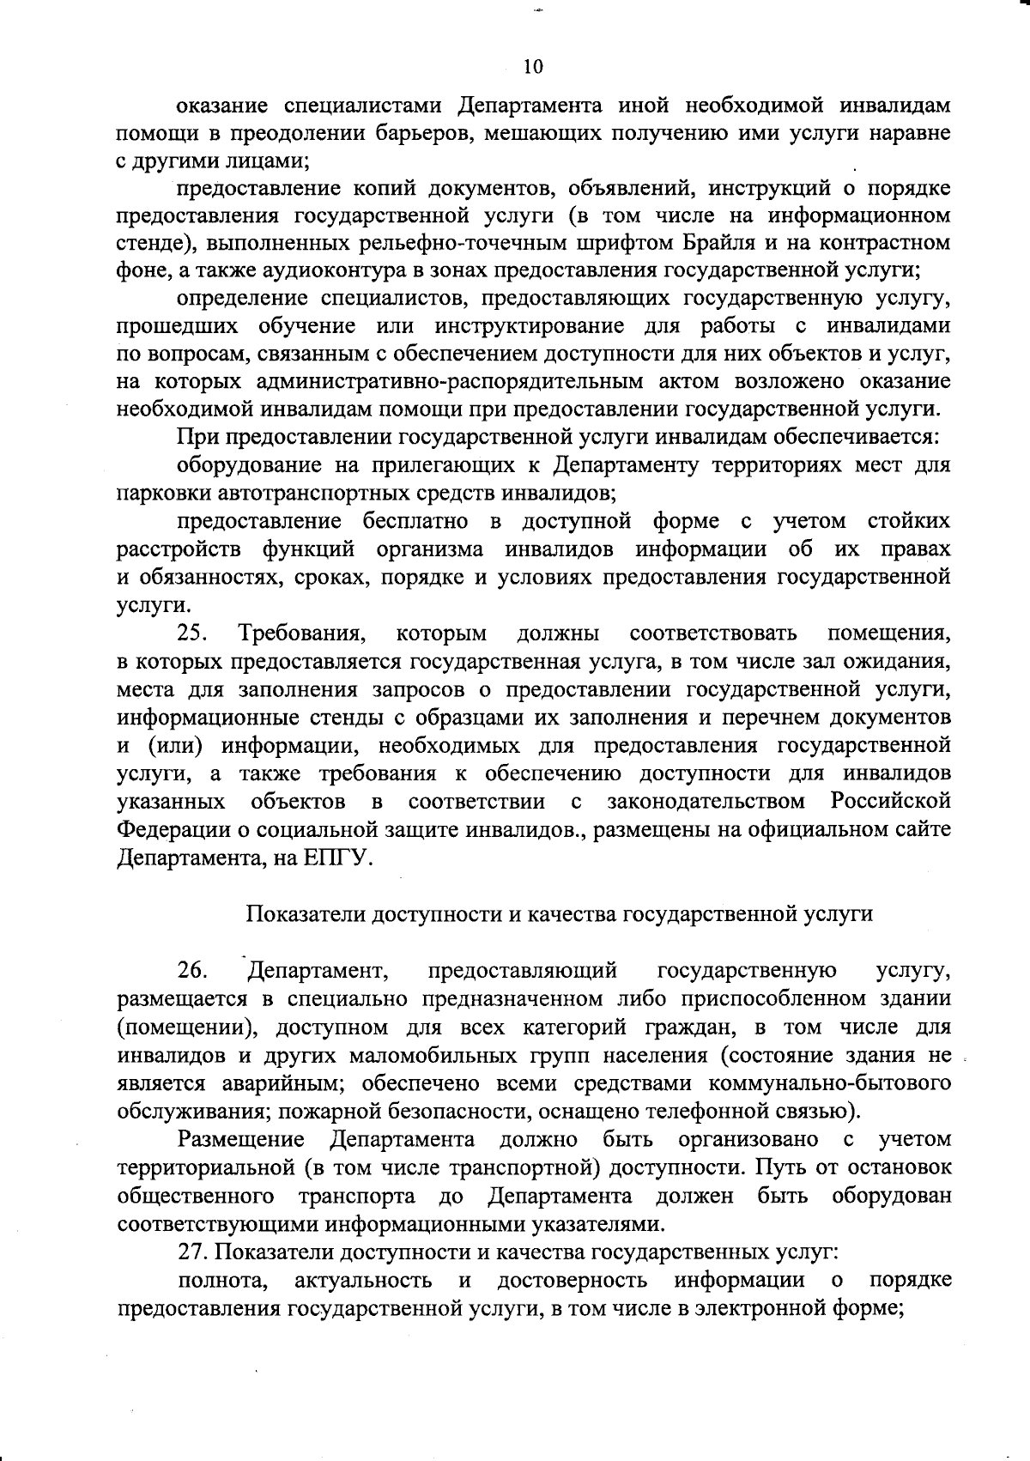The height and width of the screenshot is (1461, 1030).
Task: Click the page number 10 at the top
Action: click(x=533, y=66)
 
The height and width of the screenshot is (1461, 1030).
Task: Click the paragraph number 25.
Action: click(x=194, y=634)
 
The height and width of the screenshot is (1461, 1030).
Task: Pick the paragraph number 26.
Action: click(x=194, y=971)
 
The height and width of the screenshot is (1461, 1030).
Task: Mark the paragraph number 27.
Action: click(x=194, y=1252)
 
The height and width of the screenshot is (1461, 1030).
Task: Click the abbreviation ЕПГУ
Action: click(x=336, y=858)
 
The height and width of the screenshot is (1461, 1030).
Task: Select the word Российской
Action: click(x=891, y=802)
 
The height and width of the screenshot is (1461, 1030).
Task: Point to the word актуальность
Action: click(x=362, y=1281)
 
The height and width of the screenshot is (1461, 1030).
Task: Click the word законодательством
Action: click(x=706, y=802)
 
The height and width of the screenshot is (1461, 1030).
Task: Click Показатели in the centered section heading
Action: click(x=306, y=914)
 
